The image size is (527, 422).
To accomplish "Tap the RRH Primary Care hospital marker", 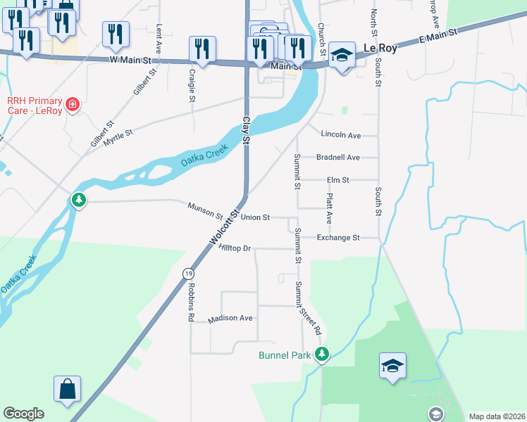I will pyautogui.click(x=71, y=105).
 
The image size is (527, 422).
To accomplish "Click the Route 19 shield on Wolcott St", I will pyautogui.click(x=188, y=274).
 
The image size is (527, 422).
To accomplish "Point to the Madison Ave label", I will pyautogui.click(x=230, y=319).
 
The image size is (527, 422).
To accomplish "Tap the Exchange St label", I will pyautogui.click(x=337, y=238).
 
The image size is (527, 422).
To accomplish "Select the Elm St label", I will pyautogui.click(x=337, y=180).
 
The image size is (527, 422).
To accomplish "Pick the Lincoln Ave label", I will pyautogui.click(x=340, y=134).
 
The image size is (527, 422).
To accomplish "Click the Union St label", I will pyautogui.click(x=255, y=217).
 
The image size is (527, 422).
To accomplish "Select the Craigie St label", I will pyautogui.click(x=192, y=84).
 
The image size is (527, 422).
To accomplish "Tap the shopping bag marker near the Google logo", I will pyautogui.click(x=67, y=389).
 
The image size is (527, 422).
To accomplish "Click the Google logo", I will pyautogui.click(x=23, y=414).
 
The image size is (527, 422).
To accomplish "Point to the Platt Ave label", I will pyautogui.click(x=329, y=210).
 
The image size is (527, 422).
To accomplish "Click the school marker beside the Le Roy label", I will pyautogui.click(x=342, y=55).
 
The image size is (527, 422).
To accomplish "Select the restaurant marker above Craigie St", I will pyautogui.click(x=202, y=49).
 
